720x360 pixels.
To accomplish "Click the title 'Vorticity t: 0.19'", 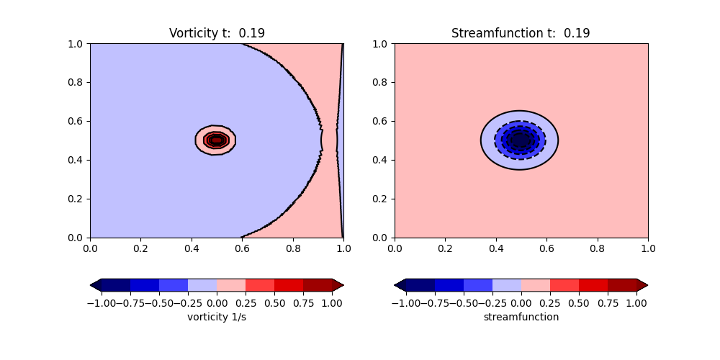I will [217, 33].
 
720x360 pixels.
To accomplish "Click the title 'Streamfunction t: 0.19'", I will [521, 33].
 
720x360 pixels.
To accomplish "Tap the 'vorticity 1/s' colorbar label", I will [217, 317].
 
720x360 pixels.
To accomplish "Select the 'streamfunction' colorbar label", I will [521, 317].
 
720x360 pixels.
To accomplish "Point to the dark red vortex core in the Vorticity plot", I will [216, 140].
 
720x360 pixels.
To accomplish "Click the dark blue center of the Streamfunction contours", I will [519, 140].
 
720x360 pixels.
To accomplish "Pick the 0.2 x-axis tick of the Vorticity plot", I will [140, 248].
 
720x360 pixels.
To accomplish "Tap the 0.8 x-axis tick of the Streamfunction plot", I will [598, 248].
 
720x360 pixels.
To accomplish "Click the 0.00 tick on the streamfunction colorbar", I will [521, 302].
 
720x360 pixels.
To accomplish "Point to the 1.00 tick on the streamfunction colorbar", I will [636, 302].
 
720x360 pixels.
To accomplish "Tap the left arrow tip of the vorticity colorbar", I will [91, 285].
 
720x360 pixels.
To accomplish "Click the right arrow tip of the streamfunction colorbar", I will [647, 285].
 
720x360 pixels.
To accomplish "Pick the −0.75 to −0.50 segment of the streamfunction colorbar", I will [449, 285].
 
